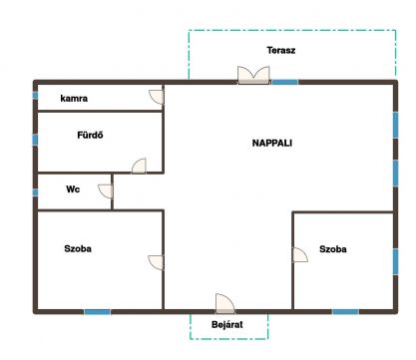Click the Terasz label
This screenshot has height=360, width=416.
281,50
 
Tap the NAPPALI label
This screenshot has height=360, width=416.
272,143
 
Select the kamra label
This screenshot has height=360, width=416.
74,99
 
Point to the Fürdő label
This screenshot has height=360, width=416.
90,135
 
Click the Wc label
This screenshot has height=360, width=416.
73,189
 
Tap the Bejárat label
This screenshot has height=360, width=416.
227,324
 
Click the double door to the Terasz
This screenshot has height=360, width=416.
253,75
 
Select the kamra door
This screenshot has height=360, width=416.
157,97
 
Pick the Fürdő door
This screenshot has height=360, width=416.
139,166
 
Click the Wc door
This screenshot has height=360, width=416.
106,191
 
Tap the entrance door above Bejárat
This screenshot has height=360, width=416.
225,304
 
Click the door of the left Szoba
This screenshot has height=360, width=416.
156,262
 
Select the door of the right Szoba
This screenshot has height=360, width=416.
300,254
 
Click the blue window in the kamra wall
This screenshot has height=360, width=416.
35,96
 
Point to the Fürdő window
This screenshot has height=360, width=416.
35,140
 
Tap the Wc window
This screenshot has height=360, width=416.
35,192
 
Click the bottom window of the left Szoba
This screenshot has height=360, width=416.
97,312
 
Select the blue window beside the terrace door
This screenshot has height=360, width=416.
285,82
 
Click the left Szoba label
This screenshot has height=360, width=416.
78,248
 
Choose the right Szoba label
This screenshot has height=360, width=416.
333,249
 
